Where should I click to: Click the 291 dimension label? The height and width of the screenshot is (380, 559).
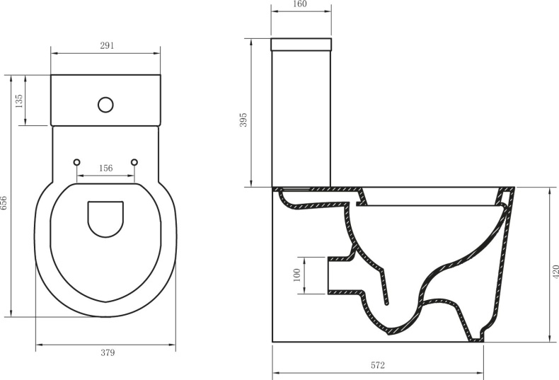(x=105, y=45)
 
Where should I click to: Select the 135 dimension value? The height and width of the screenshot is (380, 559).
(x=19, y=100)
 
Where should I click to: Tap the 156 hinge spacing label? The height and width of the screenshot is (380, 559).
(x=105, y=168)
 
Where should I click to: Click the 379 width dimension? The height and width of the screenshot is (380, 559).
(x=107, y=352)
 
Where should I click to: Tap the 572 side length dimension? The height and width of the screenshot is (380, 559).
(x=377, y=365)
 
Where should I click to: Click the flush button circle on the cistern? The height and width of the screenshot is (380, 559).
(x=106, y=105)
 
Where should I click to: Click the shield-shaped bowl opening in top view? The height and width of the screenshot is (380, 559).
(x=105, y=218)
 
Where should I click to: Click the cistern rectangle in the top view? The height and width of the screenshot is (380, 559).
(x=105, y=99)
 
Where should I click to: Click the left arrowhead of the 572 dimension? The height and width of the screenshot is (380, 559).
(x=275, y=373)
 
